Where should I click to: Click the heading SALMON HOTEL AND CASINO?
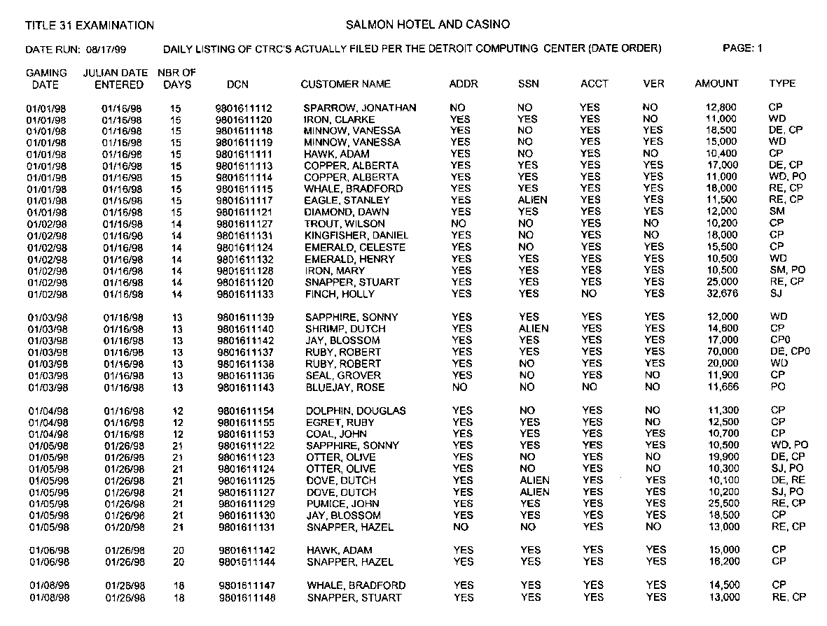[x=428, y=25]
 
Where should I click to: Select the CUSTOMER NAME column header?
[x=345, y=84]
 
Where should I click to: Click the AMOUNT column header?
[x=716, y=83]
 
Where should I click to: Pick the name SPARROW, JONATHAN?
[x=359, y=108]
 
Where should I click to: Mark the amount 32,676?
[x=723, y=294]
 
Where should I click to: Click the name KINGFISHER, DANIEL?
[x=355, y=236]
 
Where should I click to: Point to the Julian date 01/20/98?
[x=124, y=527]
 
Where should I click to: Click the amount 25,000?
[x=723, y=282]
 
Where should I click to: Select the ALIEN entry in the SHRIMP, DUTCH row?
[x=534, y=329]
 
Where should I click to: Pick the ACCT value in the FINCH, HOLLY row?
[x=590, y=294]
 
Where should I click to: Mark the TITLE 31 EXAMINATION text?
[x=90, y=26]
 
